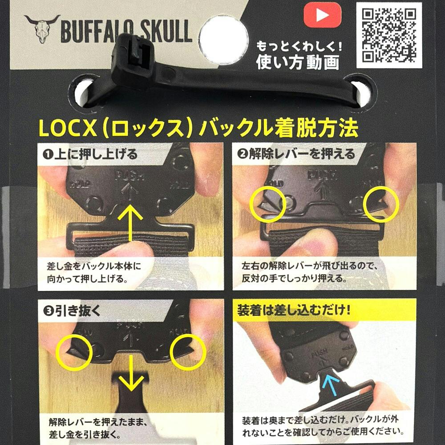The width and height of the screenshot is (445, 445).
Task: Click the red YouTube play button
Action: [x=322, y=15]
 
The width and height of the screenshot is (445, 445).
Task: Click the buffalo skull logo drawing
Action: [x=42, y=28]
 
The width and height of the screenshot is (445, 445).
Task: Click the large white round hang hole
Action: [x=224, y=40]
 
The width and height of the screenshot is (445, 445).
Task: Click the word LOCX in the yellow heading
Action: [x=68, y=128]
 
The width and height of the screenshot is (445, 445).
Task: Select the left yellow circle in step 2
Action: [x=267, y=204]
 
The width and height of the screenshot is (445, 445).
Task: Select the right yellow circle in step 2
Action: [x=381, y=204]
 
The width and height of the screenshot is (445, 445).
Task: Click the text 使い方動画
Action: [x=298, y=62]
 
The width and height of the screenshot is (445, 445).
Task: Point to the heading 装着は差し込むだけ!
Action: [x=294, y=310]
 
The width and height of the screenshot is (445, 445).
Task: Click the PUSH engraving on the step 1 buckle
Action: [x=129, y=176]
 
